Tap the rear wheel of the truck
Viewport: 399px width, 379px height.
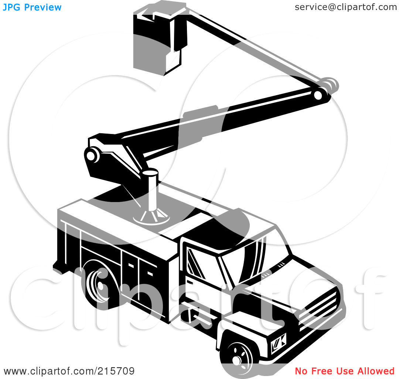click(100, 285)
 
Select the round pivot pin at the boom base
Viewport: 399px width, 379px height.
click(91, 155)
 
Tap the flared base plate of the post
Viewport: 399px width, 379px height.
click(151, 217)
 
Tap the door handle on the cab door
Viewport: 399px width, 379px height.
click(190, 282)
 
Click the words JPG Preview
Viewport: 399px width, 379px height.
click(32, 7)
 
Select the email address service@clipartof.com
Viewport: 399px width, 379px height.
click(346, 7)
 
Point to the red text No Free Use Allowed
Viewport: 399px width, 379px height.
click(345, 371)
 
